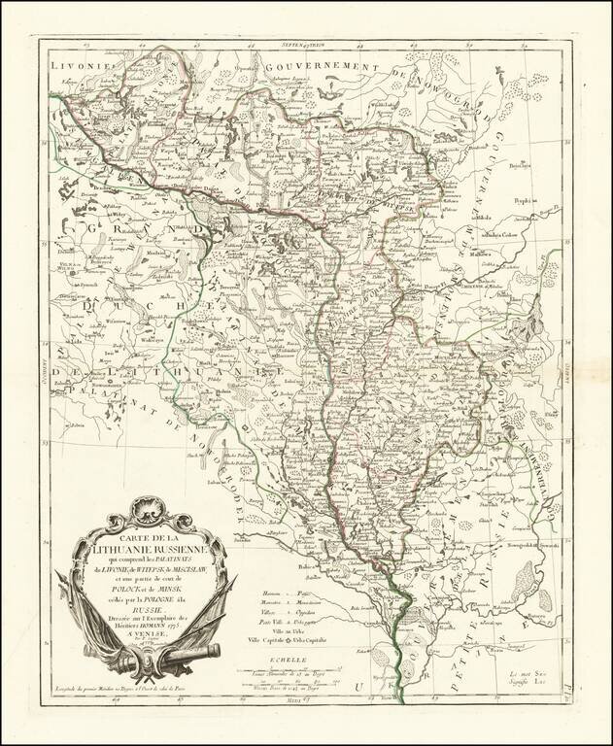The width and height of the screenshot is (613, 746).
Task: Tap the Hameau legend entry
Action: (276, 593)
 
